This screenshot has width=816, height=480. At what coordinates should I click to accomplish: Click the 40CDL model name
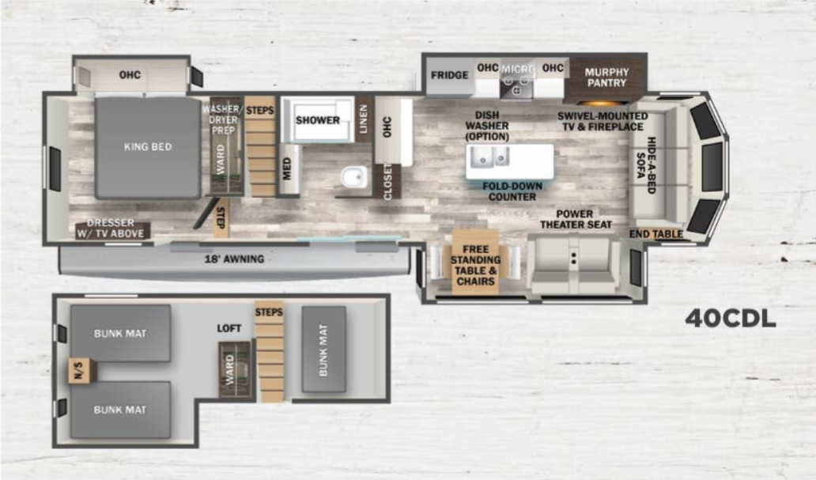(730, 318)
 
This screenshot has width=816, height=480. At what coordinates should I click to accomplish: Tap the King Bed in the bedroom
(148, 148)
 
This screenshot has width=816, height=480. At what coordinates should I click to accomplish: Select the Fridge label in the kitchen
(450, 75)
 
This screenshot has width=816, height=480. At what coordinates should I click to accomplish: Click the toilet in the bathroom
(354, 177)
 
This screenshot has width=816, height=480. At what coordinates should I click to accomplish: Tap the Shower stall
(317, 119)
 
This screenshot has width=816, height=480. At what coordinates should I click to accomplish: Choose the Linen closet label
(363, 119)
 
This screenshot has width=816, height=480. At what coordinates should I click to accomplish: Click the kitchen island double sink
(489, 157)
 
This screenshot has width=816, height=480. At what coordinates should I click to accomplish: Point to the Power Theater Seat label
(576, 219)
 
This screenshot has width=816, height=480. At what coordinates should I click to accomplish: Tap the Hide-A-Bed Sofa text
(645, 165)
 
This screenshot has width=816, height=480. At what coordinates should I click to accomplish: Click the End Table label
(655, 234)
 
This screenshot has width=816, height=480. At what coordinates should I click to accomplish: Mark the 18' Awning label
(234, 259)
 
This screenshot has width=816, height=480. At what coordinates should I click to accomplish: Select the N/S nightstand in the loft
(80, 371)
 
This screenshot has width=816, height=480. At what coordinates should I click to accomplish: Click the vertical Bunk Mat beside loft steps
(323, 350)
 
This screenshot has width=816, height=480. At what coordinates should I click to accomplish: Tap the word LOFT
(229, 328)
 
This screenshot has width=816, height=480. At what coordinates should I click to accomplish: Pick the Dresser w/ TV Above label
(111, 228)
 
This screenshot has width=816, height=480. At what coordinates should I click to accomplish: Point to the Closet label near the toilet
(387, 181)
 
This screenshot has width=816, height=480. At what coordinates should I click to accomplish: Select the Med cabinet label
(287, 169)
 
